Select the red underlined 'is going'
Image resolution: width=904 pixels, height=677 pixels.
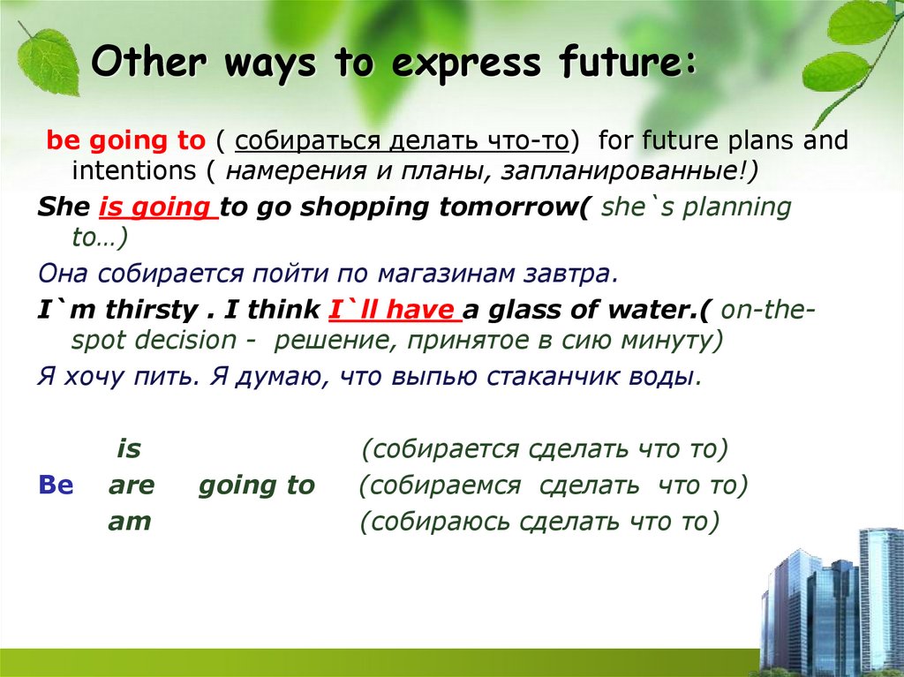[158, 207]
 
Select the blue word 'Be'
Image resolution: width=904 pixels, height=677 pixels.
[56, 485]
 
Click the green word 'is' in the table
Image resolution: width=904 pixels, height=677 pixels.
[129, 449]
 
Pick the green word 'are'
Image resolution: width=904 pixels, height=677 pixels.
[132, 485]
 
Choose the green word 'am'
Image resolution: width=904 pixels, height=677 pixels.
[130, 522]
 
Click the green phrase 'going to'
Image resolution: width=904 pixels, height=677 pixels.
[256, 485]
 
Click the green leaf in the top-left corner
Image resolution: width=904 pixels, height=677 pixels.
[49, 59]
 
